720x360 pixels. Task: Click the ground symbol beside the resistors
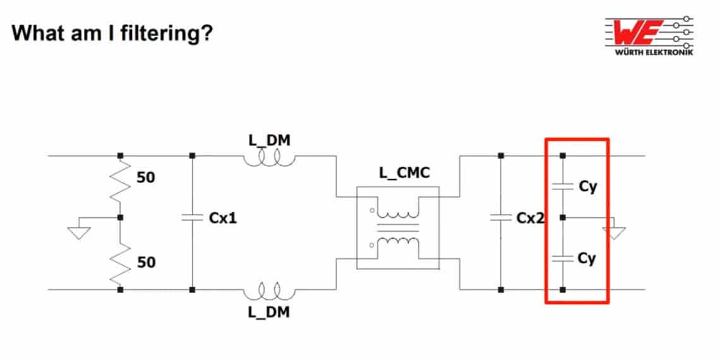click(79, 232)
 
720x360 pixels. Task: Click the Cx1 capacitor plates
click(192, 218)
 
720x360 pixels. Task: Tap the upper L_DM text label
click(270, 140)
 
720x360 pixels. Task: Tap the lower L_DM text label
click(270, 312)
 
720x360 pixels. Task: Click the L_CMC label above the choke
click(405, 172)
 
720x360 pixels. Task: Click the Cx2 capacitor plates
click(501, 218)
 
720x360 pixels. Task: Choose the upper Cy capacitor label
click(587, 188)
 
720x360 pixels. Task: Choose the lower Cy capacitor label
click(587, 258)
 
